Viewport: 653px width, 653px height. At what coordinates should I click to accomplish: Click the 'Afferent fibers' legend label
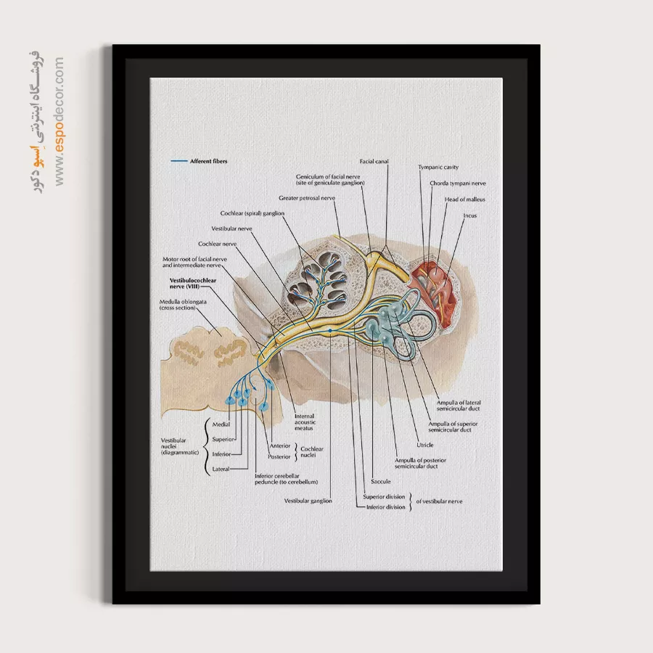[x=208, y=161]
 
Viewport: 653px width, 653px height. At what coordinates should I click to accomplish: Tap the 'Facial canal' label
[x=374, y=161]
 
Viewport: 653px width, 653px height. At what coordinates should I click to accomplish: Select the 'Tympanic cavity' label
[x=438, y=168]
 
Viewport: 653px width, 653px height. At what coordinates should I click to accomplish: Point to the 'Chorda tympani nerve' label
[x=458, y=184]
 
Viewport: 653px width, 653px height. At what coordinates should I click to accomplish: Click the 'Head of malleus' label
[x=465, y=200]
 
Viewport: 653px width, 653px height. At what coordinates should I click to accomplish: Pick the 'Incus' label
[x=470, y=215]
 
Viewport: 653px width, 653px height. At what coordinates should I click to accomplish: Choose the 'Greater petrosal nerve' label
[x=307, y=197]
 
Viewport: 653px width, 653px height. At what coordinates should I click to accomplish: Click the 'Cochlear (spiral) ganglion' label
[x=252, y=213]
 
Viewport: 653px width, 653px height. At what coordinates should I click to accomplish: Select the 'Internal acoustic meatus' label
[x=304, y=422]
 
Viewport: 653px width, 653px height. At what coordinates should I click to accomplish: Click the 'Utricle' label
[x=425, y=445]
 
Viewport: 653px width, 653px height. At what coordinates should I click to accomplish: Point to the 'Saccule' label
[x=381, y=481]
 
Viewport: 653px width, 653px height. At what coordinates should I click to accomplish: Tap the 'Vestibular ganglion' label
[x=308, y=501]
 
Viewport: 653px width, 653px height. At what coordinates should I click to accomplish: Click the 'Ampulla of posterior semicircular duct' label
[x=421, y=463]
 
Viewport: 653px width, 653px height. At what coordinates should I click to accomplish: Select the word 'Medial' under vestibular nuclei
[x=221, y=423]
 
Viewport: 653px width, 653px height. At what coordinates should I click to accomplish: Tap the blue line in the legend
[x=178, y=161]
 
